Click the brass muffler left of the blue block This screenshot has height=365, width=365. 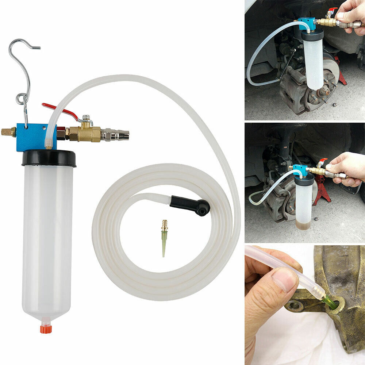[8, 132]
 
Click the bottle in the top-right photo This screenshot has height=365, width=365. [313, 60]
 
